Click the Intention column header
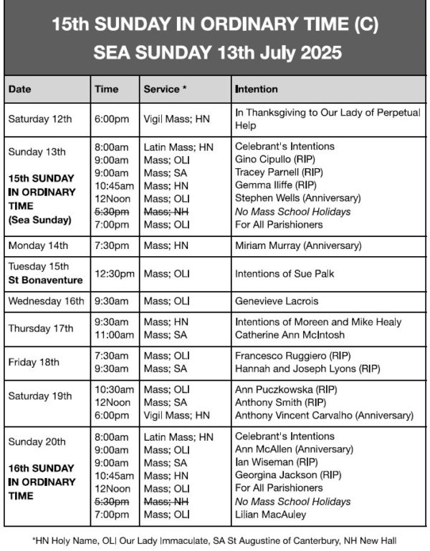tap(256, 89)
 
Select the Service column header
tap(166, 89)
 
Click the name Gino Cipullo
tap(264, 159)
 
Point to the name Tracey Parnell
tap(267, 172)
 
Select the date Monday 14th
tap(38, 245)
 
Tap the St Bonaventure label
tap(45, 280)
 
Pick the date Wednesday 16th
tap(46, 301)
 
